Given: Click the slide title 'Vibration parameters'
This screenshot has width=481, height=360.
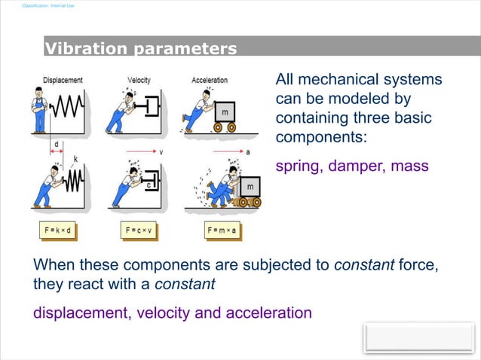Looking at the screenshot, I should tap(141, 50).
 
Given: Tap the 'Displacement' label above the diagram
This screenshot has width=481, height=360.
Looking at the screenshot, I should tap(63, 80).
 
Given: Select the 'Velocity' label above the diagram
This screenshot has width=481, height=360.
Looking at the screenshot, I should tap(139, 80).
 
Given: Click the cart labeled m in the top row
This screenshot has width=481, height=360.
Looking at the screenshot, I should tap(225, 111).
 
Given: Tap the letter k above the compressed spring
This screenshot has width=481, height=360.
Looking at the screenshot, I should tap(75, 159).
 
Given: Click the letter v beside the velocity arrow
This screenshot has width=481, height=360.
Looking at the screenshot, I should tap(161, 151).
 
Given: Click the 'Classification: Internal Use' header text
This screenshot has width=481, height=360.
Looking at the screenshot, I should tap(49, 6).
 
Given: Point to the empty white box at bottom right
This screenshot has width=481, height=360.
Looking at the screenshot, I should tap(419, 338).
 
